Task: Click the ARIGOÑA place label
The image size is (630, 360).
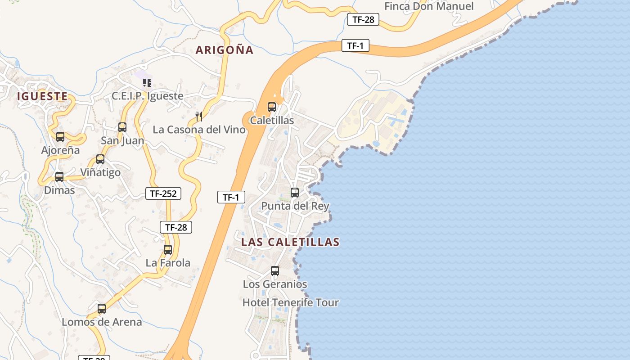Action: [x=225, y=50]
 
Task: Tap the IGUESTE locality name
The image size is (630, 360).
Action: [x=42, y=96]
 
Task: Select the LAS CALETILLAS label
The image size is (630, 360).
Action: [x=290, y=242]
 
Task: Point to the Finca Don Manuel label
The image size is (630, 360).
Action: [x=429, y=6]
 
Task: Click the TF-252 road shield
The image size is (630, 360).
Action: [x=163, y=193]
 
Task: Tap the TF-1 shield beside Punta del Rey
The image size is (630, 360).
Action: [x=231, y=197]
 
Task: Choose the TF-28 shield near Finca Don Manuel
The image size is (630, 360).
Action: [x=363, y=19]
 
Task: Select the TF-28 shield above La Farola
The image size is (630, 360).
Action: [x=176, y=227]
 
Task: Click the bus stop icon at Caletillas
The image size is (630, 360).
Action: [x=272, y=107]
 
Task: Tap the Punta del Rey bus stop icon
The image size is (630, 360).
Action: [x=295, y=193]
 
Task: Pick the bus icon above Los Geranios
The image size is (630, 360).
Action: [x=275, y=271]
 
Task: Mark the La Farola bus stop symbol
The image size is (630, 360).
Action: [x=168, y=249]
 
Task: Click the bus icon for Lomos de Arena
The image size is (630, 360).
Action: [x=102, y=309]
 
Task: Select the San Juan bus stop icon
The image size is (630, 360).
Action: [x=122, y=127]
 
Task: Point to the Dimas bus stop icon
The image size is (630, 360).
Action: [x=59, y=177]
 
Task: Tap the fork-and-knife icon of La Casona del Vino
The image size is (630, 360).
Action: [x=199, y=117]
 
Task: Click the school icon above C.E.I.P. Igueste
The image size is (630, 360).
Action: [x=147, y=83]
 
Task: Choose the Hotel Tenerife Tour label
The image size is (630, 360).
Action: [x=291, y=302]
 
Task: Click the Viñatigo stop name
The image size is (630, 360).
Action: [x=100, y=172]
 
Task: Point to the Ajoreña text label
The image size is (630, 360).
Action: [x=60, y=150]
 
